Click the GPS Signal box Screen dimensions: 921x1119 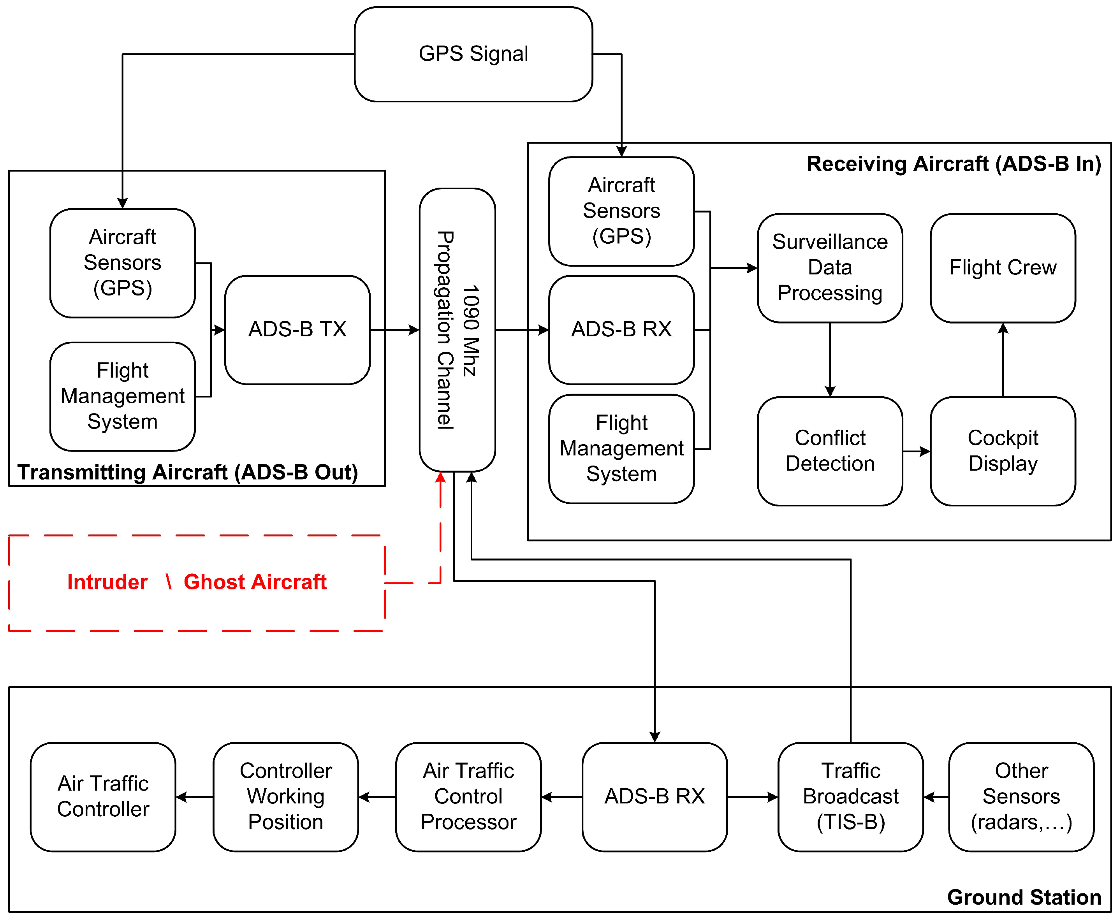tap(473, 54)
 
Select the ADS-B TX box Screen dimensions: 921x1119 tap(297, 329)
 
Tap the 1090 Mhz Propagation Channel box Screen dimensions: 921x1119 tap(457, 329)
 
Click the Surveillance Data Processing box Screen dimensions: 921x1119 tap(830, 268)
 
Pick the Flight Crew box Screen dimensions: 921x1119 tap(1003, 268)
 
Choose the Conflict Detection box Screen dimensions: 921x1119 tap(830, 451)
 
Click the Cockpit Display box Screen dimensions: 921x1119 tap(1003, 451)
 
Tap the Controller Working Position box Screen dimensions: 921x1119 tap(285, 797)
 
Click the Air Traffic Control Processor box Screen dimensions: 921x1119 tap(468, 797)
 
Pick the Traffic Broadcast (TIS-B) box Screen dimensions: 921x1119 tap(850, 797)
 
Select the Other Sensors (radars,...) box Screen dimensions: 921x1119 tap(1021, 797)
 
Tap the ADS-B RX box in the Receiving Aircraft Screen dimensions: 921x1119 tap(621, 329)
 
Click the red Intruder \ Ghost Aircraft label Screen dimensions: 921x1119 tap(196, 582)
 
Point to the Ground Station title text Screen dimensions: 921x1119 tap(1024, 897)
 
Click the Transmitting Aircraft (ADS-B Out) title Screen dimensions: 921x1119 tap(188, 472)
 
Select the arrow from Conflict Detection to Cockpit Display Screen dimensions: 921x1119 tap(916, 452)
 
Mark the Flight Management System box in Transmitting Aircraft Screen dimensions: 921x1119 tap(123, 396)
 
